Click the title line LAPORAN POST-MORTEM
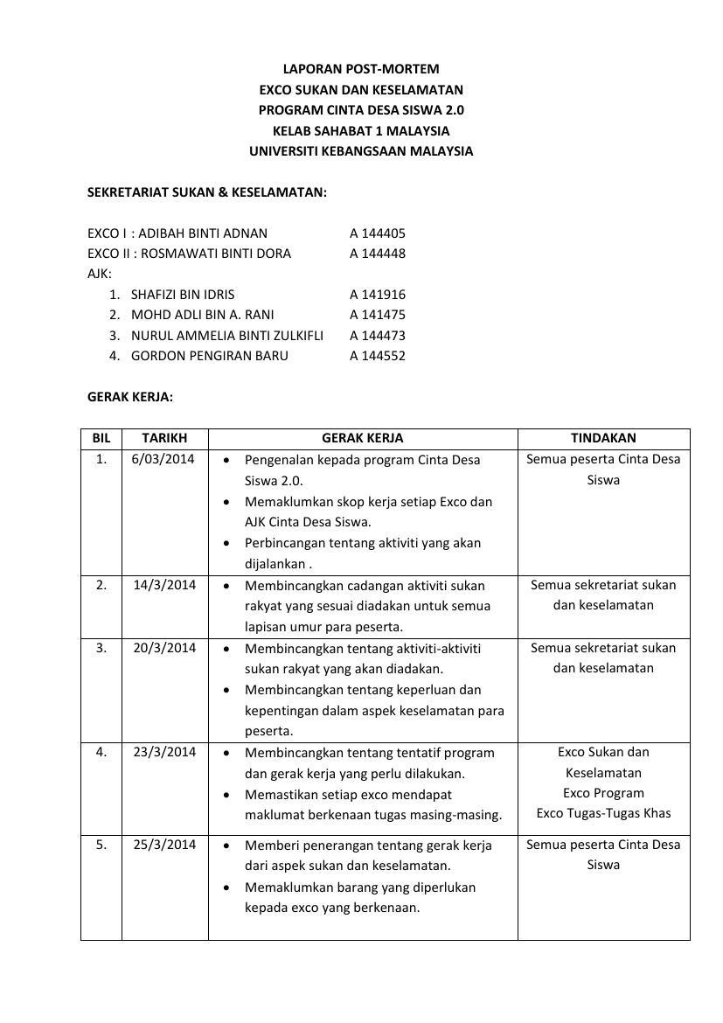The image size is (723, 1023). point(361,69)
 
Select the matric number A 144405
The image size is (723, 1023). point(378,233)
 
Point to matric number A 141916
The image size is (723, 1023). point(378,295)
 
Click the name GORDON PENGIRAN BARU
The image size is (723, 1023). point(209,356)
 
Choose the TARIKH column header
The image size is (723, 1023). point(164,438)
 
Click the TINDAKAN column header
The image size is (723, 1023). point(603,438)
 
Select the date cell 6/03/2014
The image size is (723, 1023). point(164,459)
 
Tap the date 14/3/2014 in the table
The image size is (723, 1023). point(164,585)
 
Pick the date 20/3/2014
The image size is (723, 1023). point(164,648)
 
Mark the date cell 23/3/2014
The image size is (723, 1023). point(164,752)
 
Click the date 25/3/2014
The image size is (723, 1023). point(164,845)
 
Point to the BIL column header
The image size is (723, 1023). point(101,438)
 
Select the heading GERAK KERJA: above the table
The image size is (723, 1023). point(130,397)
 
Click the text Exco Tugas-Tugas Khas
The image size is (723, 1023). point(603,813)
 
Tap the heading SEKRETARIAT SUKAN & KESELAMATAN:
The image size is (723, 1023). point(207,192)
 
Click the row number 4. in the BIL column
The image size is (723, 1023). point(101,752)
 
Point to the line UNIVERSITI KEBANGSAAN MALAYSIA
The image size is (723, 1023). point(361,151)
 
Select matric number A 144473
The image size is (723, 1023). point(378,336)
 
